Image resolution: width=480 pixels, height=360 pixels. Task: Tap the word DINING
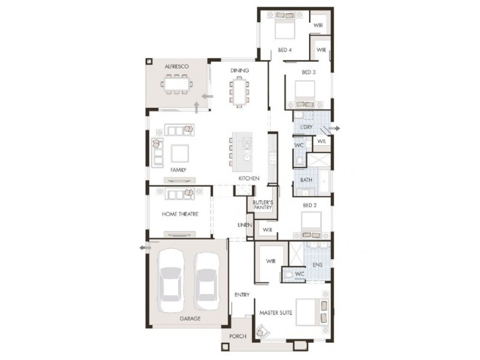click(x=239, y=71)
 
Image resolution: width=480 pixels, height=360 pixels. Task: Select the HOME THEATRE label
click(x=180, y=214)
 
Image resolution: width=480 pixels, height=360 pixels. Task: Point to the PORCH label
click(x=238, y=336)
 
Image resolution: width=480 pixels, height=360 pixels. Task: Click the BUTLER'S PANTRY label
click(x=263, y=205)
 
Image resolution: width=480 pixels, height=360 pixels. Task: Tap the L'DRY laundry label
click(x=305, y=128)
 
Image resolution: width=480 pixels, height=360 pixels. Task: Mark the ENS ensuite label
click(x=318, y=264)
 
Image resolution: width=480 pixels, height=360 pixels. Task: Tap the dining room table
click(x=239, y=92)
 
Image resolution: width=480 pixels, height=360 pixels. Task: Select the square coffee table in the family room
click(x=180, y=154)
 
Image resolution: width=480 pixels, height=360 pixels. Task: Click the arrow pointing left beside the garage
click(x=144, y=247)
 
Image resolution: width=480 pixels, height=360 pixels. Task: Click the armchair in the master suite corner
click(x=263, y=331)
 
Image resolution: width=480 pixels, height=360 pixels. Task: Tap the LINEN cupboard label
click(x=244, y=225)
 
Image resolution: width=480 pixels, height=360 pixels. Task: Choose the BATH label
click(x=306, y=180)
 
